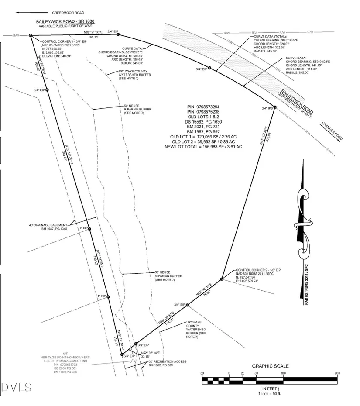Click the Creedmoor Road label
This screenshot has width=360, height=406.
click(68, 13)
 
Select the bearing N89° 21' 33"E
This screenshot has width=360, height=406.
click(93, 33)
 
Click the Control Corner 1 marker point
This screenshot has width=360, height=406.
click(31, 35)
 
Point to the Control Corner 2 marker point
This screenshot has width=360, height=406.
click(222, 279)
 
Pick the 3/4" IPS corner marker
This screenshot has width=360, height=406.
click(274, 107)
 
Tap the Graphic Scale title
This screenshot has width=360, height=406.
click(270, 366)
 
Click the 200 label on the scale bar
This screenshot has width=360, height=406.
click(337, 373)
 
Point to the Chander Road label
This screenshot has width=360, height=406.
click(333, 131)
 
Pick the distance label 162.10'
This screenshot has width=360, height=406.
click(93, 38)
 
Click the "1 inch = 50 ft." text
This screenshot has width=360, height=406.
click(270, 393)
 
